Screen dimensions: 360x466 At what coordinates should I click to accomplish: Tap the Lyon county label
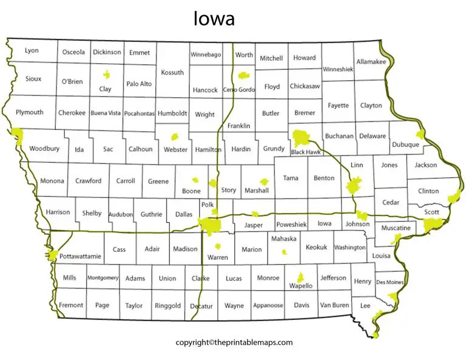[32, 50]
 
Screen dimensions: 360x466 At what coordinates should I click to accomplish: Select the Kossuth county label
[172, 72]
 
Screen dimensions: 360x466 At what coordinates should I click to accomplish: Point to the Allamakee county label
[371, 61]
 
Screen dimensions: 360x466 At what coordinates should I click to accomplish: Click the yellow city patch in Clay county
[107, 75]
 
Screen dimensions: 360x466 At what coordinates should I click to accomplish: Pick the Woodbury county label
[44, 148]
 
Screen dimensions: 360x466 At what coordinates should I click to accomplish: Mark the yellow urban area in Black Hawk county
[301, 138]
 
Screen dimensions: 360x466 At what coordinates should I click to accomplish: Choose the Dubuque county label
[405, 144]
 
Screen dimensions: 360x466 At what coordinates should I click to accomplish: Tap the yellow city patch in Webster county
[176, 137]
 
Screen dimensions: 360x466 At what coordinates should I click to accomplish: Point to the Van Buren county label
[334, 305]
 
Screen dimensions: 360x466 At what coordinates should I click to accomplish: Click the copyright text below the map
[234, 342]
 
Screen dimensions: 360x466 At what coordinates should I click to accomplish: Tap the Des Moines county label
[390, 282]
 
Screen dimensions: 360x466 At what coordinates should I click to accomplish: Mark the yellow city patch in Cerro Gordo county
[243, 76]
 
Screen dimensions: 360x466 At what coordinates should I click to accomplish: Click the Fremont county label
[70, 305]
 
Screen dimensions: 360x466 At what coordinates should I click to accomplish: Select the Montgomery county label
[103, 278]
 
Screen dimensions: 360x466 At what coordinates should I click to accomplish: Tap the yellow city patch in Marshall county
[263, 182]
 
